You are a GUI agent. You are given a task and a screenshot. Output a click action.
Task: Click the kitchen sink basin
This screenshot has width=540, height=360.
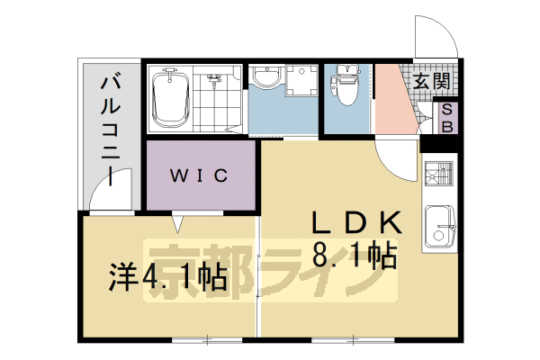coord(441,227)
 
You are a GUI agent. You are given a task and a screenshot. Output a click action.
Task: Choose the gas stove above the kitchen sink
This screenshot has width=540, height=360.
coord(440,175)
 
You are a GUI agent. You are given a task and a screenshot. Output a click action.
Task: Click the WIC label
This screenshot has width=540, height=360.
coord(201,175)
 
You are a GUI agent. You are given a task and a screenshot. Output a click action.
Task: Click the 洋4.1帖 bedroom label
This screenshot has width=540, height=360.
coord(166,276)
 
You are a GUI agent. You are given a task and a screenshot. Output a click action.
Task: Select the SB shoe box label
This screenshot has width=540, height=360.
coord(446,118)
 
